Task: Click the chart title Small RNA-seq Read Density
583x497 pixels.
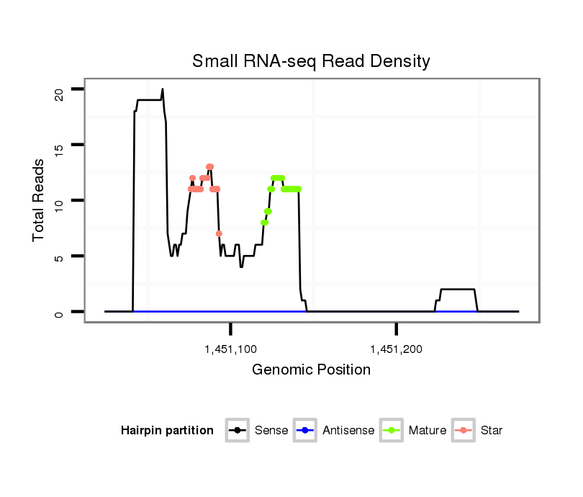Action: [311, 61]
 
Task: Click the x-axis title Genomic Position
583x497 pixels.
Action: [311, 370]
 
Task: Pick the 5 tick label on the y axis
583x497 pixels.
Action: [58, 256]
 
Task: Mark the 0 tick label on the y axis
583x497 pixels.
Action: [58, 312]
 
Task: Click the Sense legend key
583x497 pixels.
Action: [238, 431]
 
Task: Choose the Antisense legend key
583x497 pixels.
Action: [305, 431]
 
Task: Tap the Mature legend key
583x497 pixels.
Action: [392, 431]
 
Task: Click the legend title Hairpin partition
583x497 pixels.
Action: [167, 431]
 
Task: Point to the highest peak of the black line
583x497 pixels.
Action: [162, 89]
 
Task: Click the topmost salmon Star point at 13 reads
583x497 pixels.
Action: [209, 167]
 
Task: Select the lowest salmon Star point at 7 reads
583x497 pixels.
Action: [219, 233]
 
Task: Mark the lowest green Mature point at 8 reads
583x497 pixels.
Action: [264, 223]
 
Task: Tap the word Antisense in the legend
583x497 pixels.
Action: [348, 431]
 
